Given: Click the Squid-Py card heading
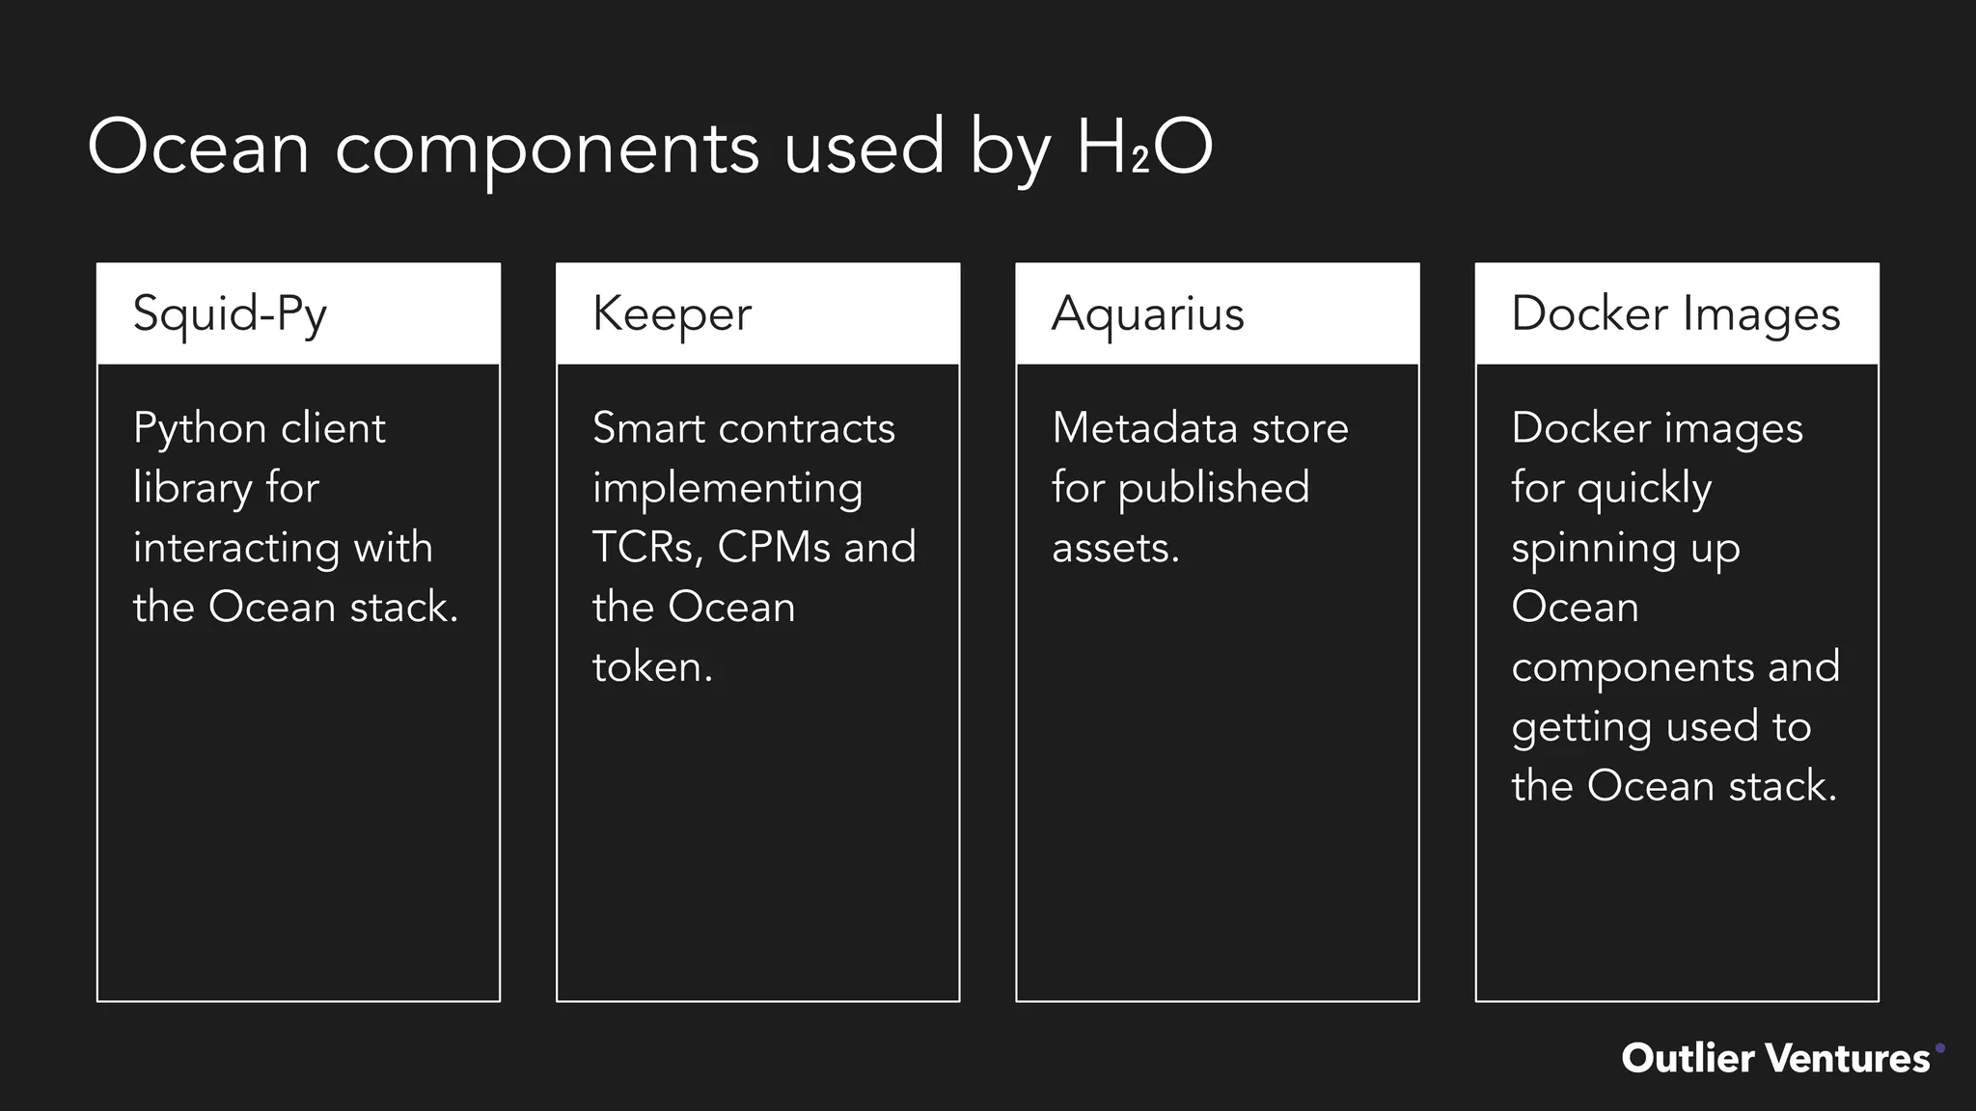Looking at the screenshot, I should click(x=230, y=314).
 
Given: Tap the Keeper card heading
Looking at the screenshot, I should click(x=672, y=314).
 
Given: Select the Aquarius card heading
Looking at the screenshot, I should click(x=1147, y=314).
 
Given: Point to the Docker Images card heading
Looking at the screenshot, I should click(x=1675, y=314).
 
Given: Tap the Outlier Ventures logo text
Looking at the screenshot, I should click(x=1775, y=1058).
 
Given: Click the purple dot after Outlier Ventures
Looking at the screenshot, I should click(x=1940, y=1047).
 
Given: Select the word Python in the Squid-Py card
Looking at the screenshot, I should click(x=200, y=429).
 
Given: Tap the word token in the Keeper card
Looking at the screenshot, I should click(x=651, y=667).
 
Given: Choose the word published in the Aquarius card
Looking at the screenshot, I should click(x=1214, y=488).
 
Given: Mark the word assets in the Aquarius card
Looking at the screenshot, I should click(x=1114, y=548).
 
